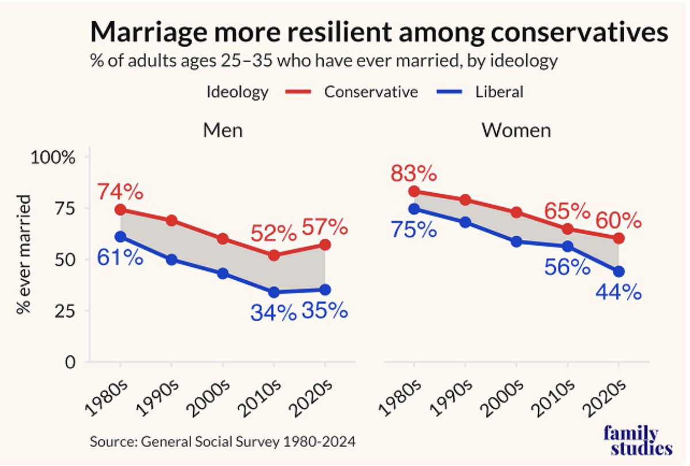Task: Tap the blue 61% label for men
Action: click(120, 257)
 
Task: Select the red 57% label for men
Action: click(325, 228)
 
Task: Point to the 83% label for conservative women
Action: click(413, 173)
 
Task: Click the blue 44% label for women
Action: click(619, 292)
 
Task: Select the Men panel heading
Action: click(223, 130)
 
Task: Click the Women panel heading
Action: click(516, 130)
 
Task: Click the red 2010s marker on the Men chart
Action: click(274, 255)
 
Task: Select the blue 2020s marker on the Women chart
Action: click(619, 271)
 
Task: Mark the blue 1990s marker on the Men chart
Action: click(171, 259)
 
